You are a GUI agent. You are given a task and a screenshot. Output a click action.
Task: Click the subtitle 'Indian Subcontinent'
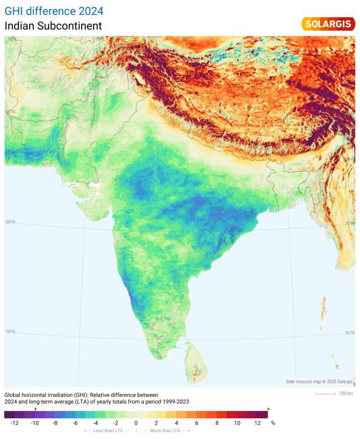pyautogui.click(x=53, y=26)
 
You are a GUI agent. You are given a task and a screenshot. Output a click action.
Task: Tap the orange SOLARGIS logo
pyautogui.click(x=327, y=24)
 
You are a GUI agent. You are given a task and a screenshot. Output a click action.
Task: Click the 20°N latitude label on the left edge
pyautogui.click(x=11, y=222)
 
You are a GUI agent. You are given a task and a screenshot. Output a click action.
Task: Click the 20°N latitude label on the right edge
pyautogui.click(x=349, y=224)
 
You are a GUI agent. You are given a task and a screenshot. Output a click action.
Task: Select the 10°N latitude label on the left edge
pyautogui.click(x=11, y=332)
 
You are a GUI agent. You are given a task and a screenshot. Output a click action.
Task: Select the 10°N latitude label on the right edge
pyautogui.click(x=349, y=333)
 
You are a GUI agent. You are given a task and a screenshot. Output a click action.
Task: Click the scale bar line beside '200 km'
pyautogui.click(x=325, y=393)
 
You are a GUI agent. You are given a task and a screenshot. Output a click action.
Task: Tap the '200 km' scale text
pyautogui.click(x=346, y=393)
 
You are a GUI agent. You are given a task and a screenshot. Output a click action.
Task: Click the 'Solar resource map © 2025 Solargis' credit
pyautogui.click(x=319, y=381)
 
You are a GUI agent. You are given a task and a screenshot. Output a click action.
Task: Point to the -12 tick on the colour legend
pyautogui.click(x=14, y=423)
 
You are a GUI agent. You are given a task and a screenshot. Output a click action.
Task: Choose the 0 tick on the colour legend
pyautogui.click(x=136, y=423)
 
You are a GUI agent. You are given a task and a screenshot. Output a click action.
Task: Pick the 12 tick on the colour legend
pyautogui.click(x=257, y=423)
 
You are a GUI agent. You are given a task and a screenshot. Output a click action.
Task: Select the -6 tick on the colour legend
pyautogui.click(x=75, y=423)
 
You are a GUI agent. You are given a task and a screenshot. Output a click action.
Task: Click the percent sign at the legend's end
pyautogui.click(x=273, y=423)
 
